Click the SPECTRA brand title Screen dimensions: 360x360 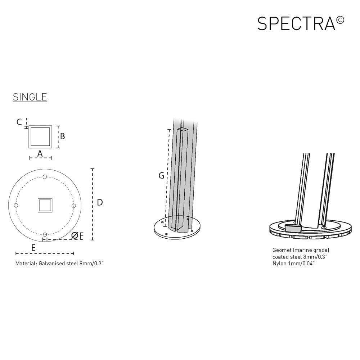[x=296, y=23]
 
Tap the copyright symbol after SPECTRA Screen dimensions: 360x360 [x=340, y=19]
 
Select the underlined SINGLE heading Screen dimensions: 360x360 [x=30, y=97]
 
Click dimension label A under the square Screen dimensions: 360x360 [x=40, y=154]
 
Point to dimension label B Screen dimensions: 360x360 [x=63, y=136]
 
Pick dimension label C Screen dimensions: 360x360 [x=19, y=122]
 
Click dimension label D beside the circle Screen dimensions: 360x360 [x=100, y=202]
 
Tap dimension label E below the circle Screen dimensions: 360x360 [x=33, y=247]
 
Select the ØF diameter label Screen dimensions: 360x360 [x=77, y=236]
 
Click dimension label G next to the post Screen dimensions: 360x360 [x=161, y=176]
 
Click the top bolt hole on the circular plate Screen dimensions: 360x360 [x=45, y=176]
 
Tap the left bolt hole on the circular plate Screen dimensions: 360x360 [x=15, y=205]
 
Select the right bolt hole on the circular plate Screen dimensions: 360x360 [x=73, y=205]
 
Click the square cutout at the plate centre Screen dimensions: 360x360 [x=45, y=205]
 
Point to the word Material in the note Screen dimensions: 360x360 [x=26, y=264]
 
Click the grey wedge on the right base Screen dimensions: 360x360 [x=293, y=228]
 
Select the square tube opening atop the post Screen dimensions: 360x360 [x=183, y=129]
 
